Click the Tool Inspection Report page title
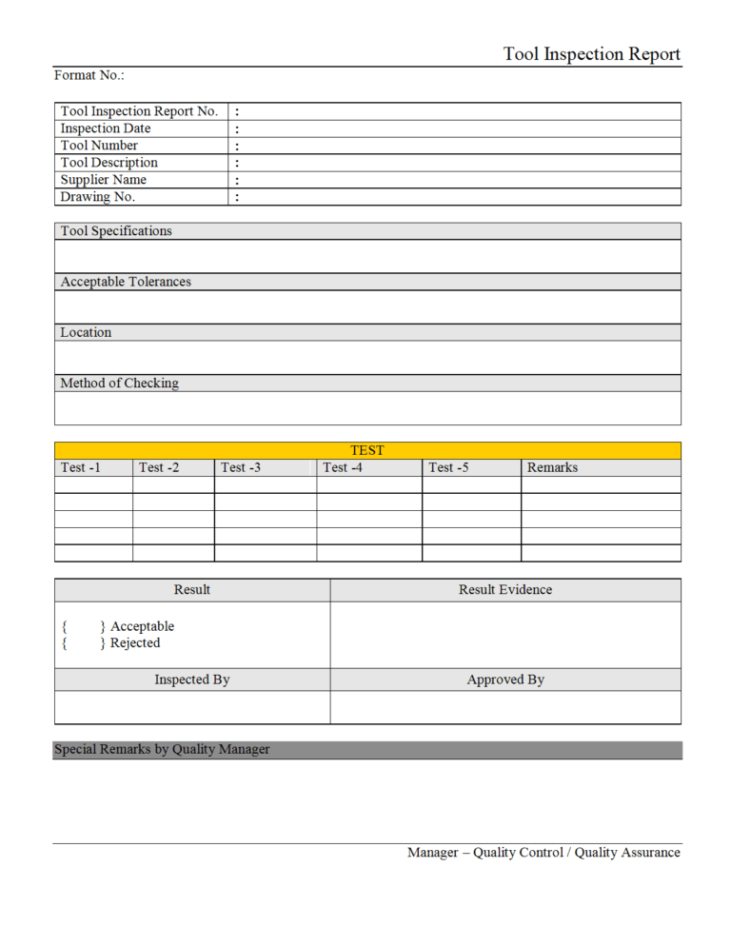(x=592, y=54)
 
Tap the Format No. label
(x=89, y=75)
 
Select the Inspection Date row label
(x=105, y=128)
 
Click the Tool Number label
(x=99, y=146)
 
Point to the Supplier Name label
(x=103, y=180)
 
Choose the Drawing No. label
(x=97, y=197)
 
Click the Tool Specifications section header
(x=116, y=231)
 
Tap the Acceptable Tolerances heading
(x=126, y=282)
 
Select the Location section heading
(x=86, y=332)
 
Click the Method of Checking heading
(x=119, y=384)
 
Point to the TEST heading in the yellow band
(x=367, y=450)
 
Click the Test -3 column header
(x=241, y=467)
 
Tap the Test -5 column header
(x=448, y=467)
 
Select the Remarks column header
(x=552, y=467)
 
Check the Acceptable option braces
(x=83, y=626)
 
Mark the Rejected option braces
(x=83, y=643)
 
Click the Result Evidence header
(x=504, y=590)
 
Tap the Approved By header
(x=505, y=680)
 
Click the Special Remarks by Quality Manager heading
(x=162, y=750)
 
